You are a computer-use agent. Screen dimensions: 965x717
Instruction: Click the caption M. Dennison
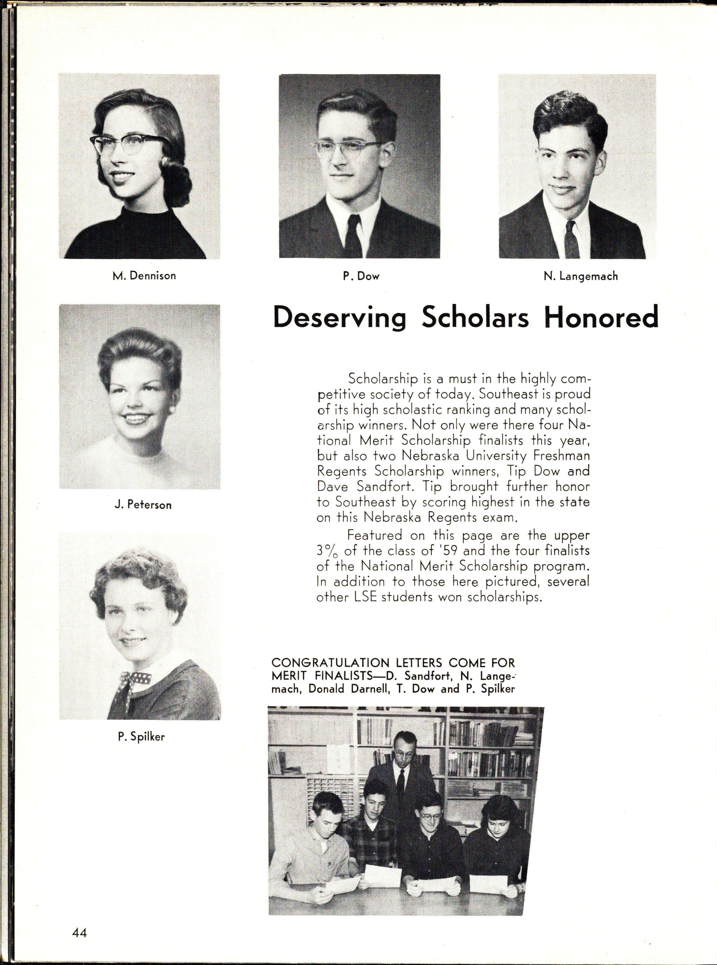144,276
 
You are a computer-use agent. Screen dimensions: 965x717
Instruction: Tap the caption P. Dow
361,276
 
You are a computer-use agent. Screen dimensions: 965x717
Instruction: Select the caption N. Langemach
580,276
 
